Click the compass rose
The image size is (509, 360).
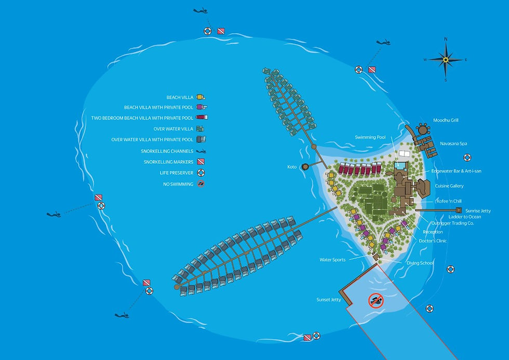click(445, 59)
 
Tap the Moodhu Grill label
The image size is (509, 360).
click(446, 121)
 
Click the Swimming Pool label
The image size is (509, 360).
click(370, 137)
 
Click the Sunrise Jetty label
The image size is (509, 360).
click(478, 211)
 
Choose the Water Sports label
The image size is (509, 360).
click(332, 259)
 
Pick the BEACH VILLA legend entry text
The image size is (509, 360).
click(180, 97)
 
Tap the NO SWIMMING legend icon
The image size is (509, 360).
click(200, 184)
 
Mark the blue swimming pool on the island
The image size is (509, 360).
click(400, 166)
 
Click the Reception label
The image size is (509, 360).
click(433, 232)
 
